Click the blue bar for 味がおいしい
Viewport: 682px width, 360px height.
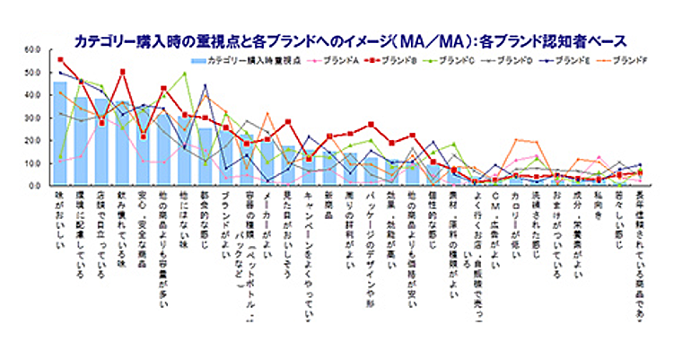pos(60,134)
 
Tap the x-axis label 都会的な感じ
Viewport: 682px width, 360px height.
pos(205,216)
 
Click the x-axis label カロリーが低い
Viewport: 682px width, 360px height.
pos(515,216)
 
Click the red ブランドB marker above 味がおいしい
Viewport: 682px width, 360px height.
pos(60,59)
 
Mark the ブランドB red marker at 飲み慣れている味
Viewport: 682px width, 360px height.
pos(123,71)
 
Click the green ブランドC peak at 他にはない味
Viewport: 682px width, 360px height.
pos(185,74)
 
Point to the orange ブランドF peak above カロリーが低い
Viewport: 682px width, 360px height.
pos(516,139)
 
